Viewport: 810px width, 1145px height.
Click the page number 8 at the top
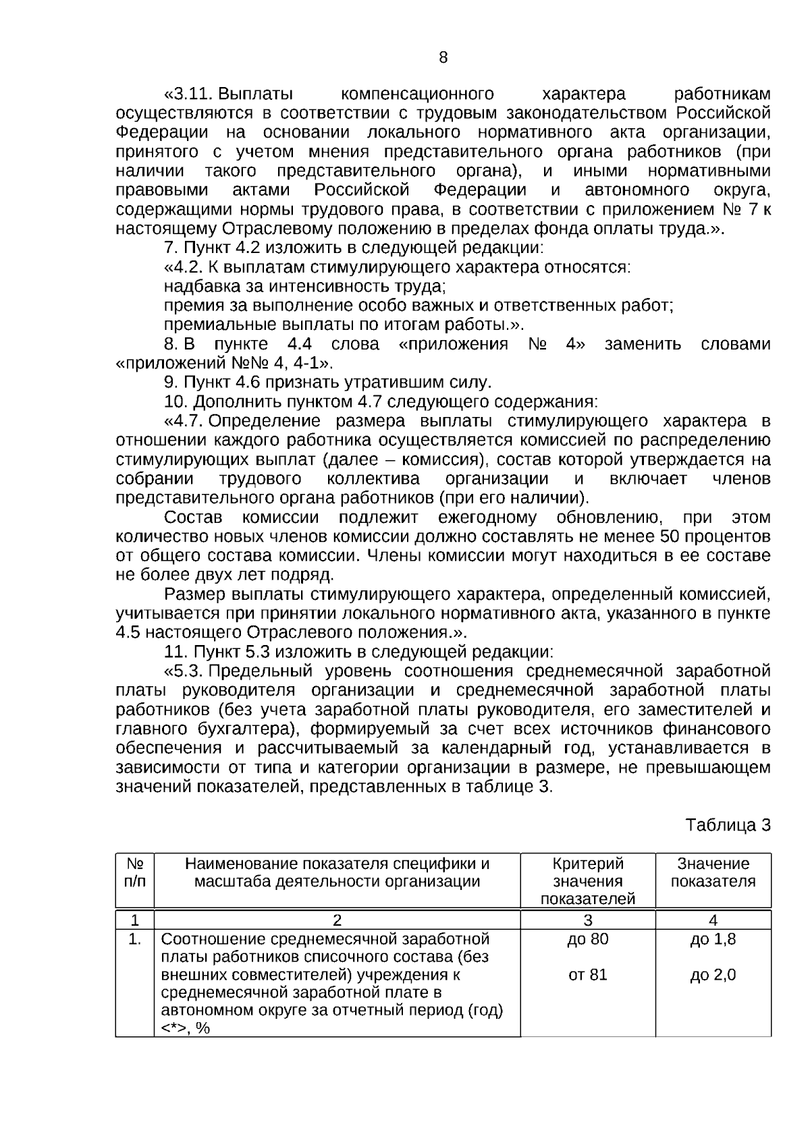click(x=443, y=58)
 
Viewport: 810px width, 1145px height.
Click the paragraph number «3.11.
click(x=189, y=94)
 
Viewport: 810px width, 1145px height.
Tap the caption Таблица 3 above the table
click(x=728, y=825)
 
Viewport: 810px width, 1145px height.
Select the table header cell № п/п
click(x=135, y=872)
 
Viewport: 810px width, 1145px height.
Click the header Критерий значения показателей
click(x=587, y=881)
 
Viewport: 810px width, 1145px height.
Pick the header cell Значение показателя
click(x=713, y=872)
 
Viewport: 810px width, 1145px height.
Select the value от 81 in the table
click(x=587, y=975)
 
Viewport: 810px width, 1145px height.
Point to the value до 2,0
click(x=713, y=975)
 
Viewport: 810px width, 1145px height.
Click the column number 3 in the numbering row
click(x=587, y=920)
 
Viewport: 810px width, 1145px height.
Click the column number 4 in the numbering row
click(x=713, y=920)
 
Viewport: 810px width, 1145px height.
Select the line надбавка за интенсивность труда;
click(x=304, y=286)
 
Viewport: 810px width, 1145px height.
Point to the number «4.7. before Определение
click(x=183, y=422)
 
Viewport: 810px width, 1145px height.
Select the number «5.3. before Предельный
click(x=183, y=672)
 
